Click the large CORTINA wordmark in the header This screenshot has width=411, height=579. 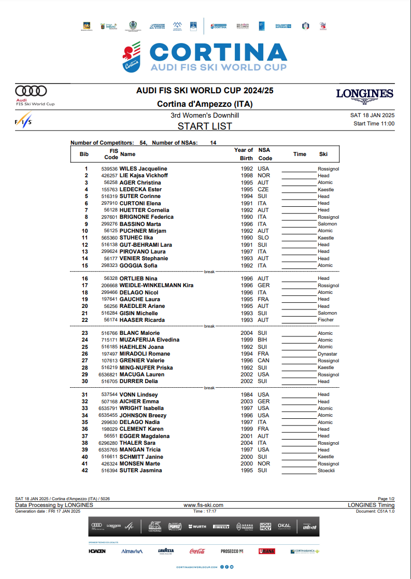point(218,53)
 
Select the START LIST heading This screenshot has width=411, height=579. point(205,126)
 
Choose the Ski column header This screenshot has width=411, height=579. point(323,154)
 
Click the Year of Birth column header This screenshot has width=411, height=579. point(243,154)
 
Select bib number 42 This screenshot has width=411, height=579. point(85,470)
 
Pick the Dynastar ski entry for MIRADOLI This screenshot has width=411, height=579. point(327,354)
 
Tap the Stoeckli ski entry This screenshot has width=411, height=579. point(326,471)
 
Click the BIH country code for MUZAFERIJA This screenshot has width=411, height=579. point(263,340)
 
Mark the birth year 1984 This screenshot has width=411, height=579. point(247,394)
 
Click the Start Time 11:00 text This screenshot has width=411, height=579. point(374,123)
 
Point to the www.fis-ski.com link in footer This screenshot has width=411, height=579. point(204,505)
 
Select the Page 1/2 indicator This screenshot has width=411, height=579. point(386,499)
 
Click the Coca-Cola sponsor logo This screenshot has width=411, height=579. point(197,551)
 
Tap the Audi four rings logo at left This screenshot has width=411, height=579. point(31,91)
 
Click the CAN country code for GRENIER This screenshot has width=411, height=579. point(263,360)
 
